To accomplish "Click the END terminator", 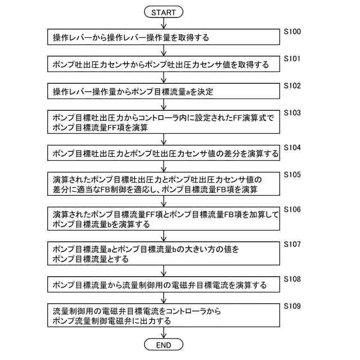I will pos(163,344).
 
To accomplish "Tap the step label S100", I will pos(292,31).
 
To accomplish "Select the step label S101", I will pos(292,58).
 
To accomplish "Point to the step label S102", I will pos(292,85).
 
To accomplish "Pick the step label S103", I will pos(292,112).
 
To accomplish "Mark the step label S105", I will pos(292,174).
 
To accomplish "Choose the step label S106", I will pos(292,209).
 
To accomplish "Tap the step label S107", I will pos(292,244).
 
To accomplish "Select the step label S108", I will pos(292,278).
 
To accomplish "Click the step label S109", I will pos(292,305).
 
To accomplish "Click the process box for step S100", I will pos(163,38).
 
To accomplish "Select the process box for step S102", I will pos(163,92).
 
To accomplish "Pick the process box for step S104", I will pos(163,154).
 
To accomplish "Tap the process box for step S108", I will pos(163,285).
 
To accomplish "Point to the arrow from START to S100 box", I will pos(163,23).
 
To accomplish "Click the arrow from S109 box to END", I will pos(163,332).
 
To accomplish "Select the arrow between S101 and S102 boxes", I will pos(163,78).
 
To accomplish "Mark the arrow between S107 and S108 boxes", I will pos(163,271).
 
